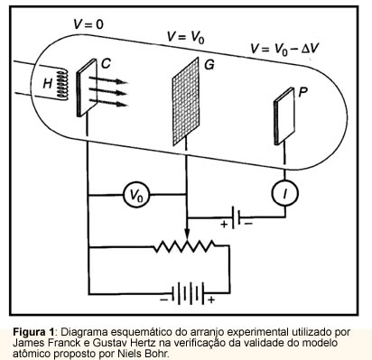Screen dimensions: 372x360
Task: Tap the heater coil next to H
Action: (62, 84)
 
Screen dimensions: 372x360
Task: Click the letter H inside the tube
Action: (48, 83)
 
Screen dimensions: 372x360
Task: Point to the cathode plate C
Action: (87, 88)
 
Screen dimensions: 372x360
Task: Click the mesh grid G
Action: (186, 102)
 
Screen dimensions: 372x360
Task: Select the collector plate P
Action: (284, 116)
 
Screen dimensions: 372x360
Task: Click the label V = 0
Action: (88, 24)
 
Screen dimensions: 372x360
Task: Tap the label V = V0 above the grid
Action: (186, 38)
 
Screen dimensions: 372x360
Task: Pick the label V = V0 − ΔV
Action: (284, 49)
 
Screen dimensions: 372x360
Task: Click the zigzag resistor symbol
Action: (184, 246)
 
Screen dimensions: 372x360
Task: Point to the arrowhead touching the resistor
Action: (187, 234)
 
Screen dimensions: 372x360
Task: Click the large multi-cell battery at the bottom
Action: (188, 293)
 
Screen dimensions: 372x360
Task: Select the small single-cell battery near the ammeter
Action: (236, 217)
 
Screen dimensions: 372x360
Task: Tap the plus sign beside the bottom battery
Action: (211, 300)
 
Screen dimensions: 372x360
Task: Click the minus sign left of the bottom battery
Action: (164, 300)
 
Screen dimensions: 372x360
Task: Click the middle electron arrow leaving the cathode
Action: (108, 92)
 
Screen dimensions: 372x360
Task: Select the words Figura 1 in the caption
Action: (33, 332)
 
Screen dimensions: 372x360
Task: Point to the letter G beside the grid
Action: (209, 65)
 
